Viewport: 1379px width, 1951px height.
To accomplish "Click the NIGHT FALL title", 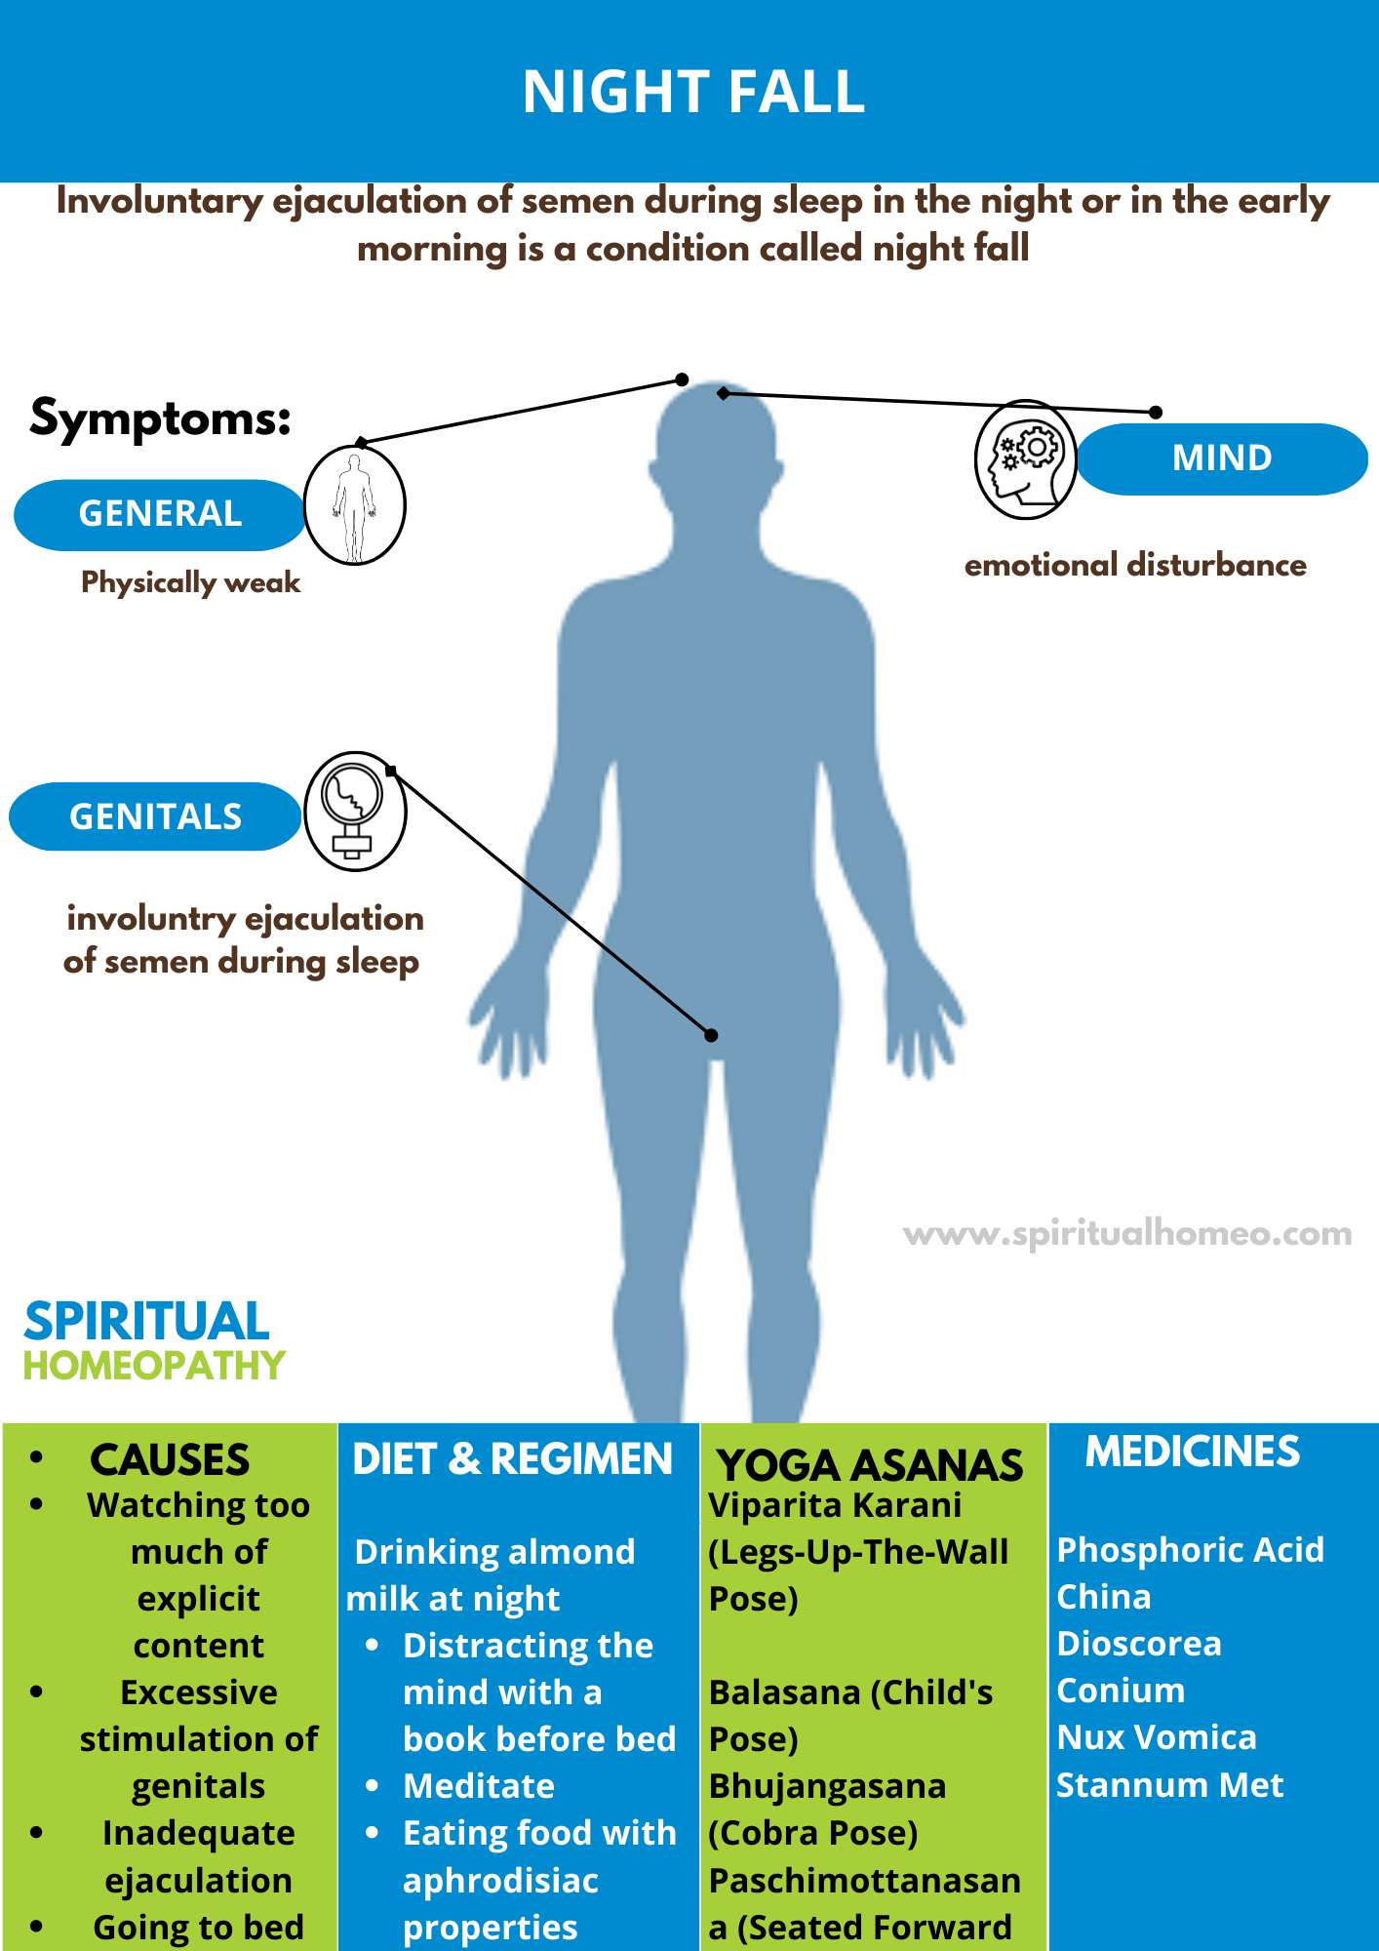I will [693, 92].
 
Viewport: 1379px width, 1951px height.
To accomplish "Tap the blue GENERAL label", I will [160, 514].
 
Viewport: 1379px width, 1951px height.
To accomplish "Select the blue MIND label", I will [1222, 458].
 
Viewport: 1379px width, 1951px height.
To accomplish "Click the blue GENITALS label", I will [155, 816].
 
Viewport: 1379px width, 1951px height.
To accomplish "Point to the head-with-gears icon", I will [1025, 458].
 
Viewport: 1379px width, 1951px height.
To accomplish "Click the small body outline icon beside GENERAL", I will [354, 506].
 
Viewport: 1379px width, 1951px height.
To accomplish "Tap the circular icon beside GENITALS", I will [355, 811].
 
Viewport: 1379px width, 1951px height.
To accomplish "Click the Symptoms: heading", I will [161, 418].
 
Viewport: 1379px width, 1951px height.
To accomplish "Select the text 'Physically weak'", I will [190, 582].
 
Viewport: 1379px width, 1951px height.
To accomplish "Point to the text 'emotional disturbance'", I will [1135, 565].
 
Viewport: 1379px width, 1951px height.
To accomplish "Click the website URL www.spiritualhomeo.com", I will [1127, 1234].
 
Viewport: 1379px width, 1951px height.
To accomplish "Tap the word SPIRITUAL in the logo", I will [146, 1322].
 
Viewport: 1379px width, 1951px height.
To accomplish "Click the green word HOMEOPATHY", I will [154, 1366].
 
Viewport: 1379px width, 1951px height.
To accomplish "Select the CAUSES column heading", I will [170, 1460].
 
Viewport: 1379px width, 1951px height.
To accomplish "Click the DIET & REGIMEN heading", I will [512, 1459].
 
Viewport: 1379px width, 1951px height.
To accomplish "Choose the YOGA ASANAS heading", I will [870, 1465].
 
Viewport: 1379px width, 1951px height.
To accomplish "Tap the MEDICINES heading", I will [1193, 1452].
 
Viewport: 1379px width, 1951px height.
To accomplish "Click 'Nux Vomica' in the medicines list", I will [1157, 1737].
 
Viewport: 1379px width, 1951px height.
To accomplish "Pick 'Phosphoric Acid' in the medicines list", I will [1191, 1549].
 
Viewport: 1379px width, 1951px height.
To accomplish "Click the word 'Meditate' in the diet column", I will [479, 1786].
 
